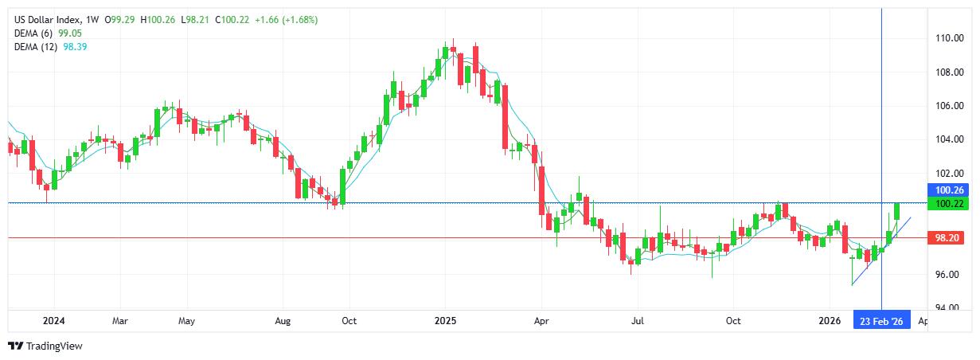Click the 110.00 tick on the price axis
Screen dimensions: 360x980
click(x=950, y=38)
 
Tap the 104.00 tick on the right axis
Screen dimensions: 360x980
click(x=950, y=139)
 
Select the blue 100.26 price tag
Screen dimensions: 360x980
click(x=951, y=190)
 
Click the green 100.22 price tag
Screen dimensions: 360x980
click(x=951, y=205)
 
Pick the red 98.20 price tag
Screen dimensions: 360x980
click(x=951, y=237)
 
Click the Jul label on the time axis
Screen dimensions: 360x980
click(x=638, y=321)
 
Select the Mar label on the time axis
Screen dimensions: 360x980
click(x=119, y=321)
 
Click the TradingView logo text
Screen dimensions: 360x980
click(x=54, y=346)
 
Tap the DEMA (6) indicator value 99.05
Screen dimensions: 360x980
click(x=70, y=33)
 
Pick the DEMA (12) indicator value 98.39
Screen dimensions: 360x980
click(x=75, y=47)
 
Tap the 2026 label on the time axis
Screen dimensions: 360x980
click(x=830, y=321)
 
